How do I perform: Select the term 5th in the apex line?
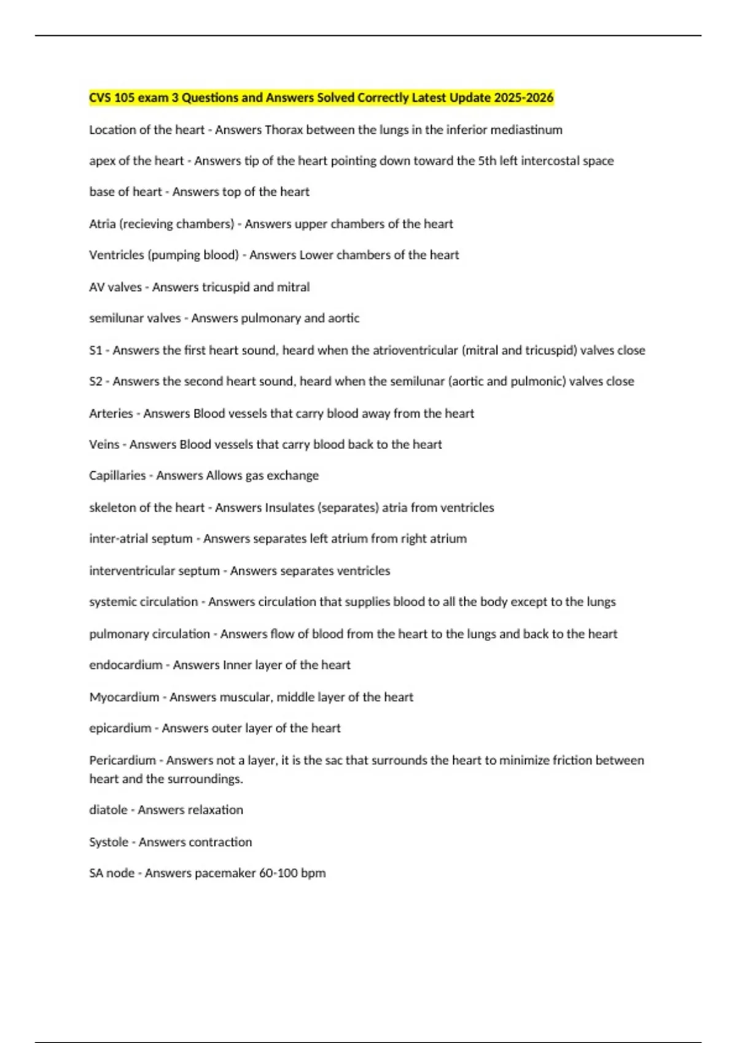click(x=486, y=161)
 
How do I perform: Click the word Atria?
click(x=102, y=224)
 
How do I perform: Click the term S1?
click(x=95, y=350)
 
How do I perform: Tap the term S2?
click(x=95, y=381)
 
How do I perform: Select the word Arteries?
click(x=111, y=414)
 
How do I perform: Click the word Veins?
click(x=104, y=444)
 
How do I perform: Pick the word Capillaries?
click(x=117, y=475)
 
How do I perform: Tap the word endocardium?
click(x=125, y=665)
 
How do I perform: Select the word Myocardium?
click(x=123, y=697)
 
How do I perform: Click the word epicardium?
click(x=120, y=728)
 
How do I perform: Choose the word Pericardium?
click(x=122, y=760)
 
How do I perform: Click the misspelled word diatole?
click(x=107, y=810)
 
